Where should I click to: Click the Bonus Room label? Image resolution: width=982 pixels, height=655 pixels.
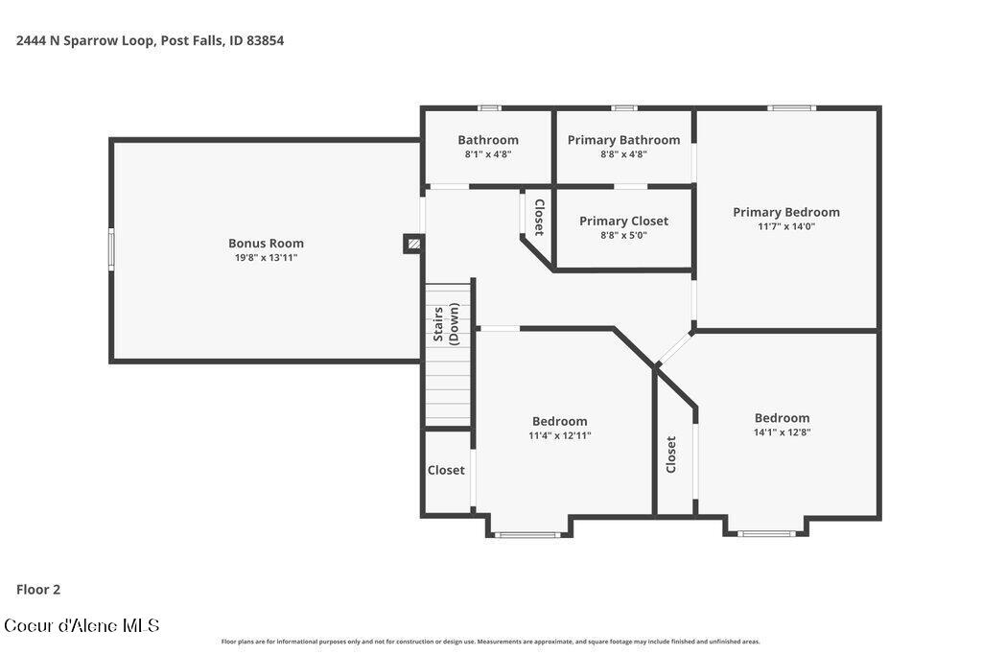click(266, 243)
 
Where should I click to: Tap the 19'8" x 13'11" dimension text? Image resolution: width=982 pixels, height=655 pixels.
click(266, 257)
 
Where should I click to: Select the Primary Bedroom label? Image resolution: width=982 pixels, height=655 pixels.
click(786, 212)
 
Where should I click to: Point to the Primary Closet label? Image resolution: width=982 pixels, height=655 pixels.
click(623, 221)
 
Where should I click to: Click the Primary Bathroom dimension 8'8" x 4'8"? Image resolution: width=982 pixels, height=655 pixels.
click(623, 154)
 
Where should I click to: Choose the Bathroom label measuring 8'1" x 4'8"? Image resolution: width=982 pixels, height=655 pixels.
click(488, 140)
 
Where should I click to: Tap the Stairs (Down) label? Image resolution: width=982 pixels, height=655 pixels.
click(447, 324)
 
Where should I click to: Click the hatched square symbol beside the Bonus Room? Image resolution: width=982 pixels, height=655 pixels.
click(412, 244)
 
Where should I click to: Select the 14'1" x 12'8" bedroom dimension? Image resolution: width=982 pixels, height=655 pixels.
click(783, 433)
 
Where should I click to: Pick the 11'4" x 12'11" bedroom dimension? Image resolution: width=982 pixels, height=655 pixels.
click(559, 435)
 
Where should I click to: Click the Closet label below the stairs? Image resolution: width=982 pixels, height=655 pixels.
click(446, 470)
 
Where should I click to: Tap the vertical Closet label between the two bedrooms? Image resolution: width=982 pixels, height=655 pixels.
click(670, 455)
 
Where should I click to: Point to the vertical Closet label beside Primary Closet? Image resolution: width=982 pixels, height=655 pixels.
click(539, 218)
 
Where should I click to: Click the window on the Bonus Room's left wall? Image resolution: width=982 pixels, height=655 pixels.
click(111, 249)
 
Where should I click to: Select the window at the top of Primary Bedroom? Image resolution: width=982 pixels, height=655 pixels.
click(791, 108)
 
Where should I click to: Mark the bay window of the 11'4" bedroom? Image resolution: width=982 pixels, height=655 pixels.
click(527, 535)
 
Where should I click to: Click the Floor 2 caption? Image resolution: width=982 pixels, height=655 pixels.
click(38, 589)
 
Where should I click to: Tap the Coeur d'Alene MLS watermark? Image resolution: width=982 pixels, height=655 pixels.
click(82, 625)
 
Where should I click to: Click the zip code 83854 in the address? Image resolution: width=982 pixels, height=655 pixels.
click(265, 40)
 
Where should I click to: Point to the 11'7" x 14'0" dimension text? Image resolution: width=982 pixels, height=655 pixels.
click(786, 226)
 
